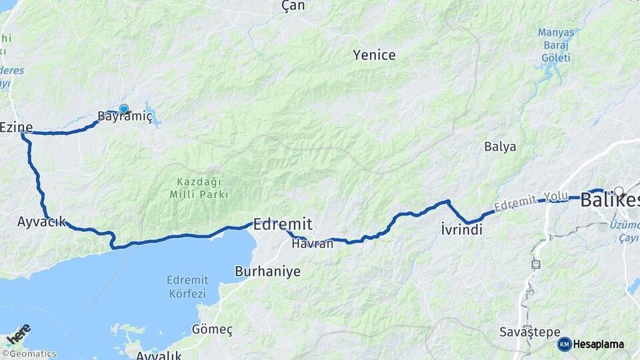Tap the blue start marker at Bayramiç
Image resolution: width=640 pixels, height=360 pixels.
click(123, 109)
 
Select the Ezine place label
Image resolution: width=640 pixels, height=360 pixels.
click(16, 127)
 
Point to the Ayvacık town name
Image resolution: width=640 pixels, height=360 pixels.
click(42, 222)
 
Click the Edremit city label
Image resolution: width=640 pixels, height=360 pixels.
click(283, 224)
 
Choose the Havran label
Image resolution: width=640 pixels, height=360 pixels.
click(312, 244)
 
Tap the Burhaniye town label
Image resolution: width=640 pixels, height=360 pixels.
click(267, 272)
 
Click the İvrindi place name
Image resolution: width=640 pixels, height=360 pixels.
click(461, 230)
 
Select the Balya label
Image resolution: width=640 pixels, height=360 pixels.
click(500, 147)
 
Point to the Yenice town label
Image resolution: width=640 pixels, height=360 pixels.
click(374, 55)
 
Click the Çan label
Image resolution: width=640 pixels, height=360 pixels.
click(293, 6)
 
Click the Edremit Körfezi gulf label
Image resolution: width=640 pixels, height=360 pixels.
click(187, 287)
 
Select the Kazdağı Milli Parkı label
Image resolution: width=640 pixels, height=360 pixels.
click(203, 188)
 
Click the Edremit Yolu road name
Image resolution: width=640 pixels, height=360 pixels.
click(531, 202)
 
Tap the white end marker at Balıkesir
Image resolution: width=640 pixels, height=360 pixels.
click(619, 191)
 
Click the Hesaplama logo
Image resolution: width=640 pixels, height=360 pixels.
click(591, 344)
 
